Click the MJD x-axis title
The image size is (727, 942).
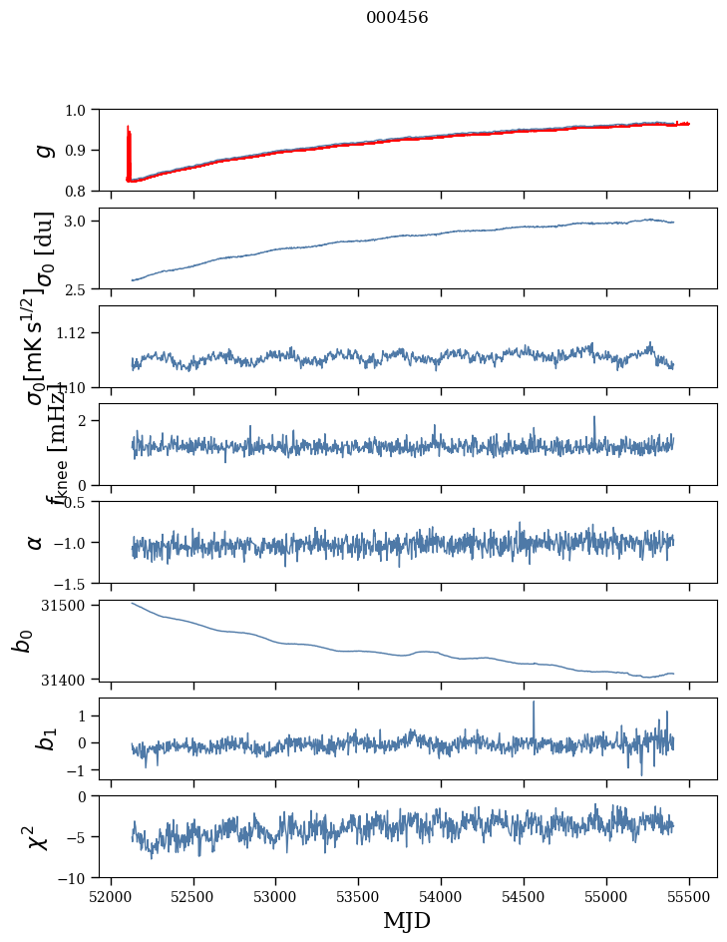(x=407, y=920)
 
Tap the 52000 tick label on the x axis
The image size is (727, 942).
(x=111, y=896)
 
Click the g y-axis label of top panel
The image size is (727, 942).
(x=43, y=150)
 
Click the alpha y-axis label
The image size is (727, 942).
(x=36, y=542)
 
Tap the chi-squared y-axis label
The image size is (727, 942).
(x=38, y=837)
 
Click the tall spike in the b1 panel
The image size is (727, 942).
(x=534, y=705)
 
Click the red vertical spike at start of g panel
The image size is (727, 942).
(x=129, y=140)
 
